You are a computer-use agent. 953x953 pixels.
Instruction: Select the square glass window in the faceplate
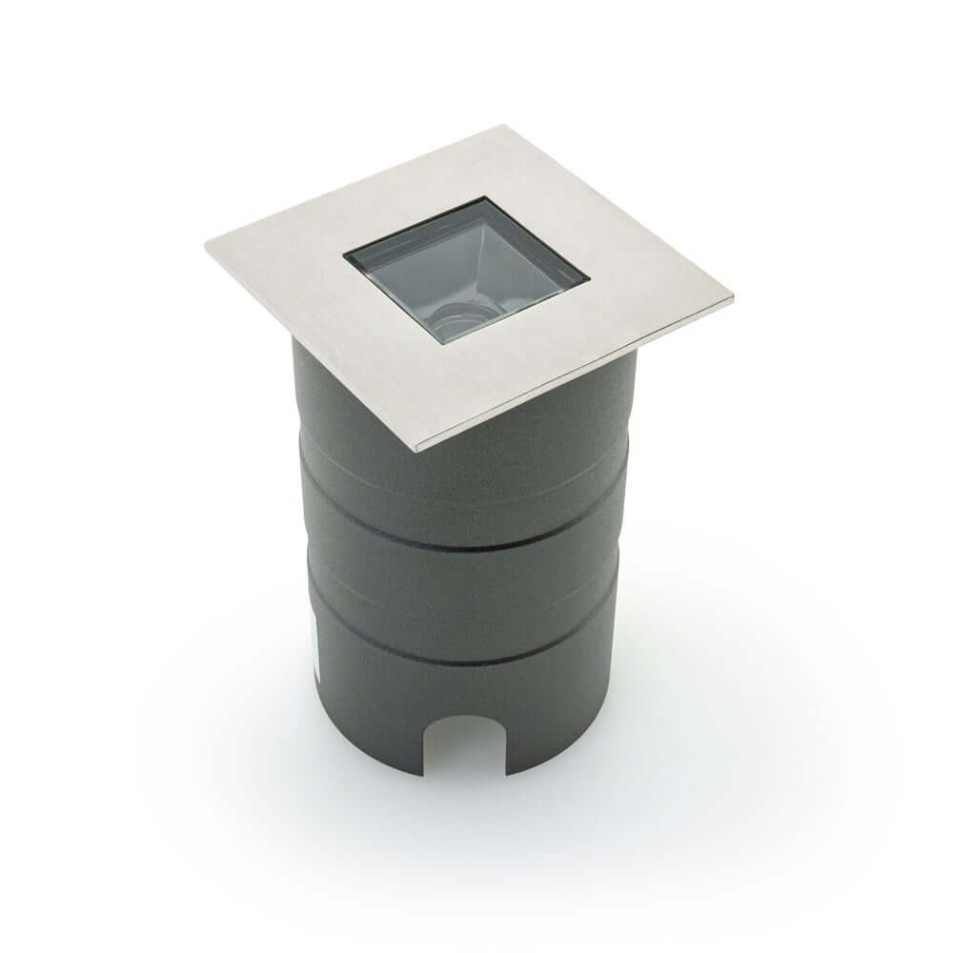tap(466, 273)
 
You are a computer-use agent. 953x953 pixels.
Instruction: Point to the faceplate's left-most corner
tap(206, 246)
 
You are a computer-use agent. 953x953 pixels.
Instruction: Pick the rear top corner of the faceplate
tap(502, 127)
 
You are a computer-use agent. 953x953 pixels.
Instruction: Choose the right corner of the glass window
tap(588, 278)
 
